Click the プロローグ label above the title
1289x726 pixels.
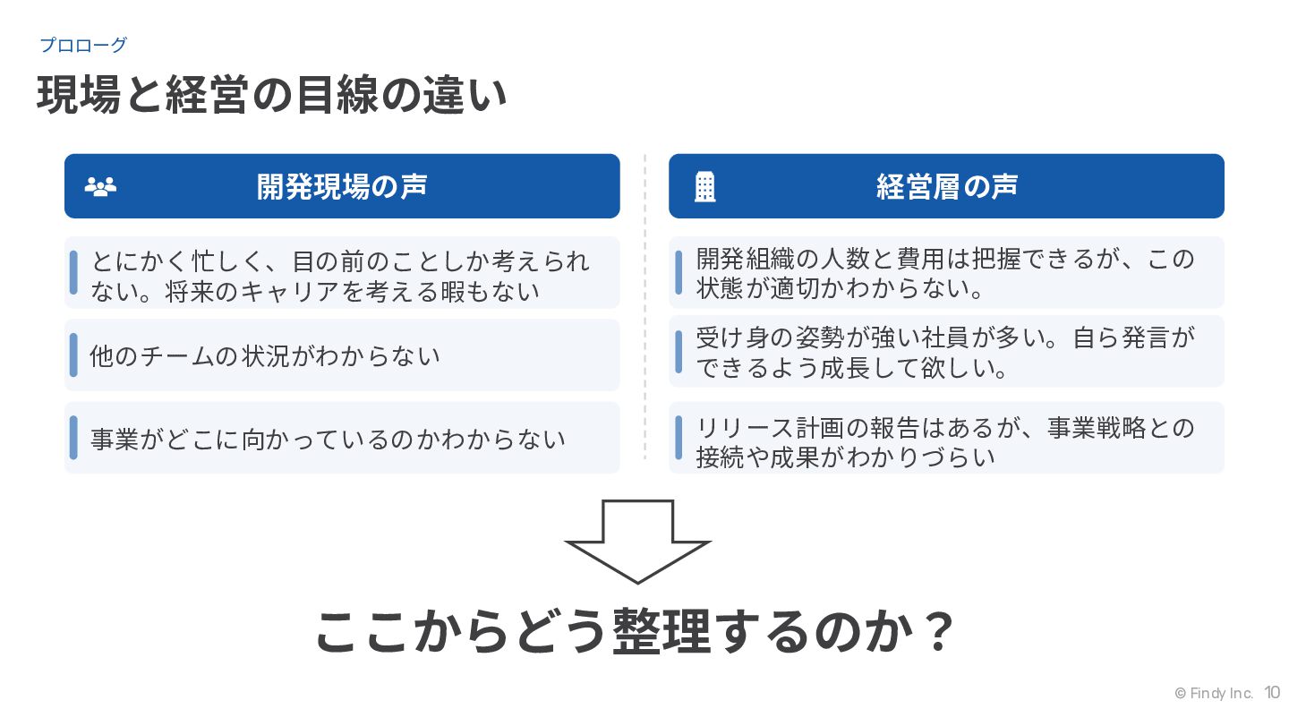click(83, 45)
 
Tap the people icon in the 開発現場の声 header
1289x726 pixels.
click(100, 186)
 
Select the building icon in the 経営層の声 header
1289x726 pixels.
click(705, 186)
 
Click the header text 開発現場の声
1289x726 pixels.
click(342, 186)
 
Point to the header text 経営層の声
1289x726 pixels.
click(946, 186)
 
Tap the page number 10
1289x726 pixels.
click(1272, 693)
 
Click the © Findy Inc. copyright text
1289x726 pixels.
click(1213, 694)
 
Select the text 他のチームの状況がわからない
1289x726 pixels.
click(265, 356)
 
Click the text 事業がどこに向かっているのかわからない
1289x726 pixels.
click(328, 439)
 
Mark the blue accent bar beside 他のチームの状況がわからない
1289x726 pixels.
click(73, 355)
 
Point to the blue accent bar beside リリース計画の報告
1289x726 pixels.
click(679, 438)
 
